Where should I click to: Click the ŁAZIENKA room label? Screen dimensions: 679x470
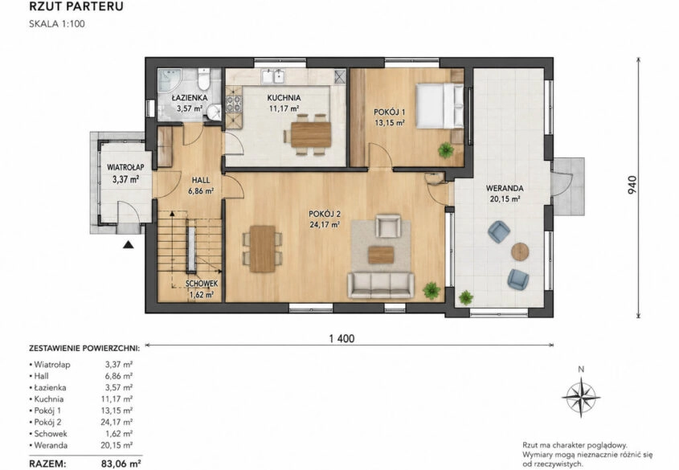[x=190, y=98]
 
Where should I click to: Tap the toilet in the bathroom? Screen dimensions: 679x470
[x=203, y=79]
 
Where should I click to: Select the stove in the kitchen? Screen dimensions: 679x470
[x=235, y=104]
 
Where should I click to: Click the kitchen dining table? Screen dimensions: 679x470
[x=311, y=135]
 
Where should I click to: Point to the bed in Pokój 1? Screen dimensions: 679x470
[x=439, y=105]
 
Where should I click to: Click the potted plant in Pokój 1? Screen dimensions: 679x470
[x=445, y=150]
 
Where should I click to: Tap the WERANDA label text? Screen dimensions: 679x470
[x=505, y=188]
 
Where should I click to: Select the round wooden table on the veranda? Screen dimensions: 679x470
[x=520, y=251]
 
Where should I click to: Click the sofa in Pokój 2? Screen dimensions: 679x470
[x=381, y=285]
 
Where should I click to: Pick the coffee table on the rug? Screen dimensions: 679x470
[x=381, y=255]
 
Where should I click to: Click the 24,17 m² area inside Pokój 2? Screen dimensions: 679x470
[x=325, y=224]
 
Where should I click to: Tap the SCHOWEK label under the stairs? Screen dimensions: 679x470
[x=202, y=284]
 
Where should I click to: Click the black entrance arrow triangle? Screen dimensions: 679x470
[x=127, y=245]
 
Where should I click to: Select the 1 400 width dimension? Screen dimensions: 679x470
[x=342, y=338]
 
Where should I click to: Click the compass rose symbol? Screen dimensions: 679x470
[x=581, y=397]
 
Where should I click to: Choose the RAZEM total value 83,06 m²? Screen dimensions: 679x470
[x=121, y=464]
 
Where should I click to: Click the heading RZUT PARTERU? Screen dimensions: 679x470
[x=76, y=6]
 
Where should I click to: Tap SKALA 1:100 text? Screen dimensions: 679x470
[x=57, y=24]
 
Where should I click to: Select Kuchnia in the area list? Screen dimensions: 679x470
[x=49, y=399]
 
